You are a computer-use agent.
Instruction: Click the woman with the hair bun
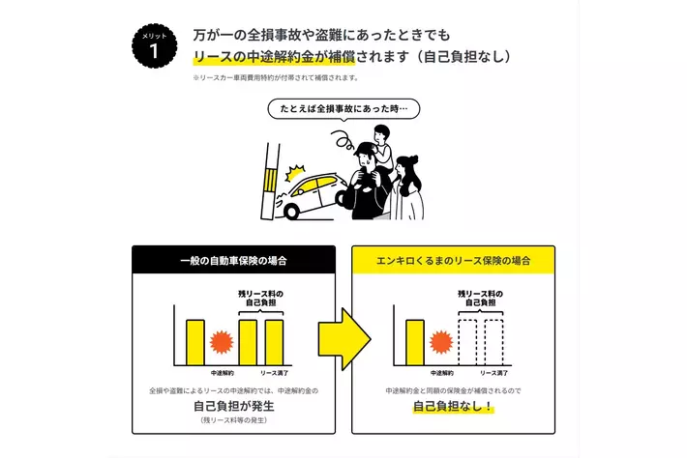(x=407, y=186)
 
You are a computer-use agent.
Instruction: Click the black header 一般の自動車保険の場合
(x=234, y=260)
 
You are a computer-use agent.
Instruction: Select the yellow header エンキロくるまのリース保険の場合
(x=453, y=260)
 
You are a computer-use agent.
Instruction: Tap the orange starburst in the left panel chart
(x=223, y=342)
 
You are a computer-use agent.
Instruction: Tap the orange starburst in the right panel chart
(x=442, y=342)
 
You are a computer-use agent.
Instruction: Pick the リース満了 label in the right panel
(x=494, y=372)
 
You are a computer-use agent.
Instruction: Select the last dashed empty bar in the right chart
(x=493, y=340)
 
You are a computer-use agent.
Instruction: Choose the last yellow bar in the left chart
(x=274, y=340)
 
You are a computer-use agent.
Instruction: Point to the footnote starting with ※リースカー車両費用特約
(x=276, y=77)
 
